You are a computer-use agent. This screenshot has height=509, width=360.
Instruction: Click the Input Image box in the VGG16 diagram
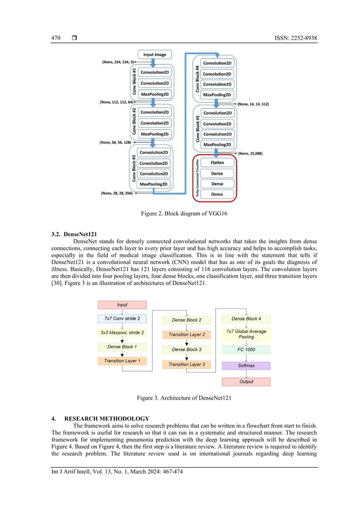point(155,55)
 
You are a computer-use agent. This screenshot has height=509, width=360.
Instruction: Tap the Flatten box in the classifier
point(217,163)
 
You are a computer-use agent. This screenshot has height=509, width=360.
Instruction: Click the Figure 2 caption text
point(179,214)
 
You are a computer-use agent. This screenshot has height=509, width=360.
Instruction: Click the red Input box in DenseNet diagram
point(122,305)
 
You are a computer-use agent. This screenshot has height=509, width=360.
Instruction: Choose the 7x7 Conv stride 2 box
point(122,319)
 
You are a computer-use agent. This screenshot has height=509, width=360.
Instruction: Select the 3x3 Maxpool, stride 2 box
point(122,333)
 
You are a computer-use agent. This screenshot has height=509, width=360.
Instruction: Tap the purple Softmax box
point(246,366)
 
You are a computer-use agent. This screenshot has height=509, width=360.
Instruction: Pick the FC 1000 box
point(246,350)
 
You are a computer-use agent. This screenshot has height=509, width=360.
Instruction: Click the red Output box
point(246,381)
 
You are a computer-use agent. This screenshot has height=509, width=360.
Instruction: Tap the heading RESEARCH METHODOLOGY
point(107,418)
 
